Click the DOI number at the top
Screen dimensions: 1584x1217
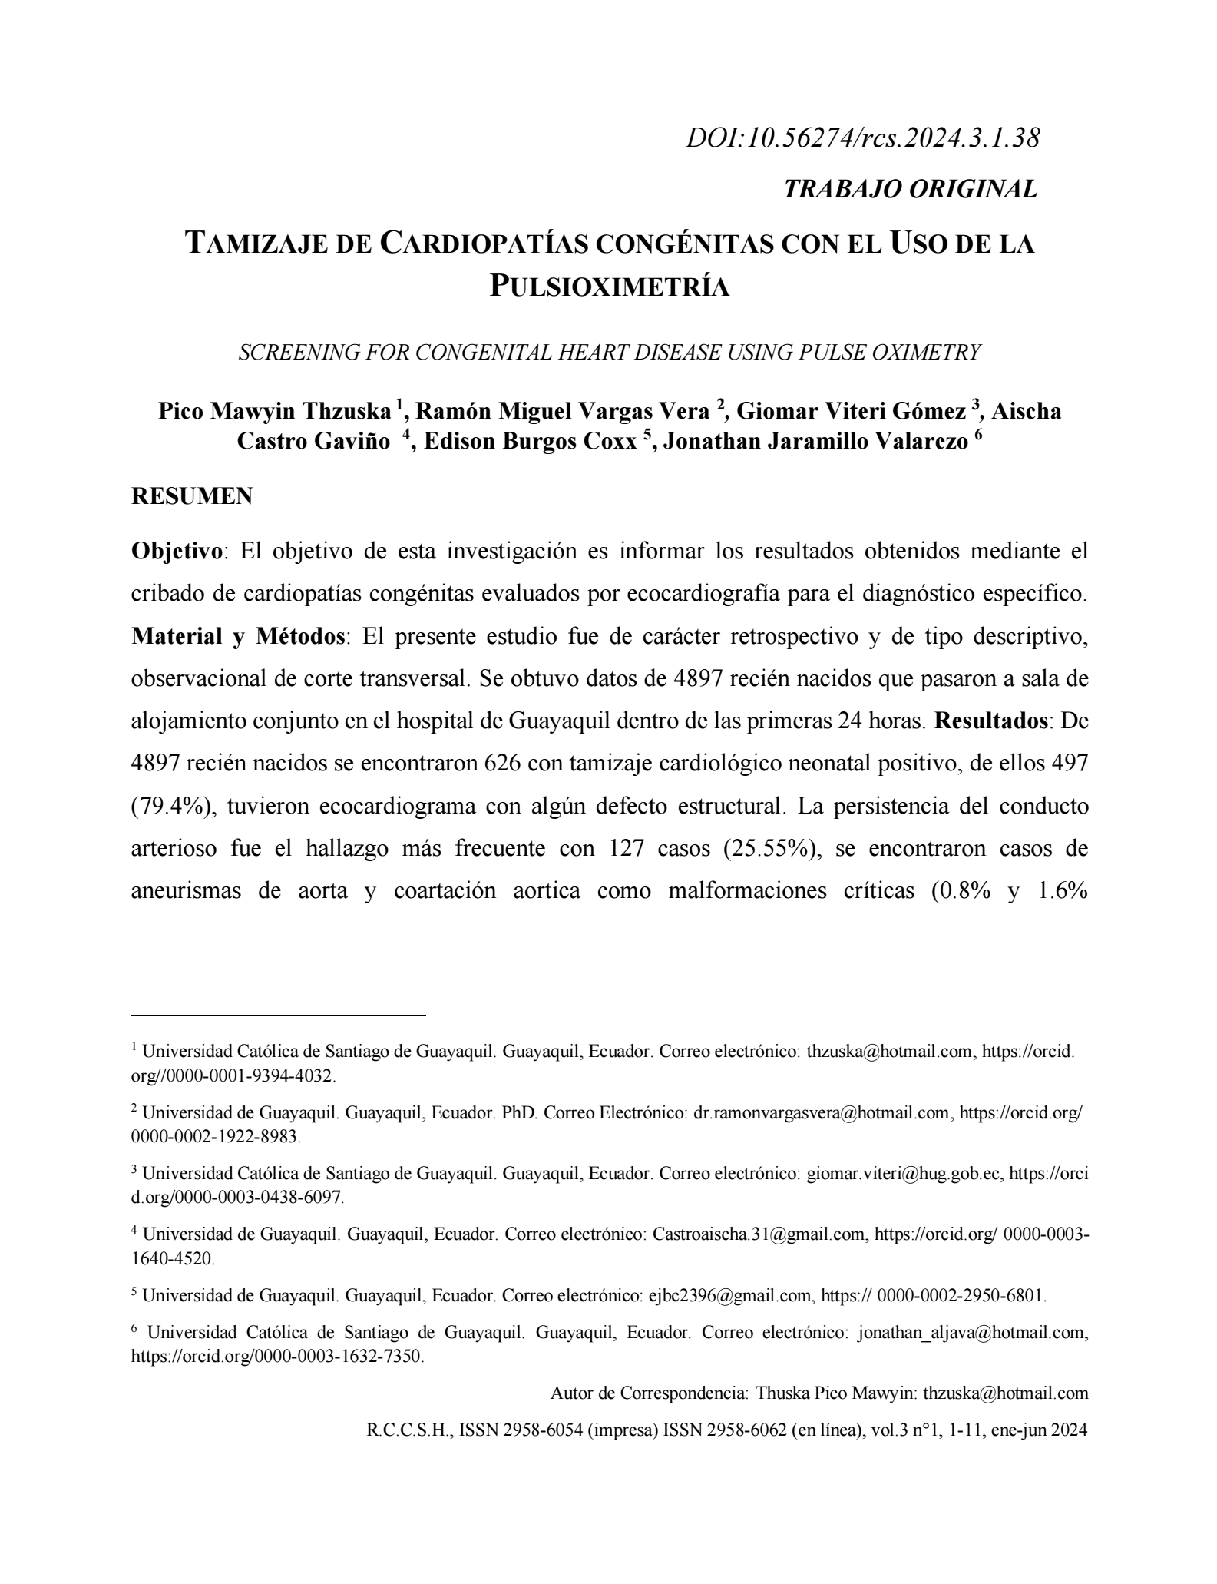[x=863, y=138]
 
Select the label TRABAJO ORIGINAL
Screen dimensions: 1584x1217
[x=910, y=189]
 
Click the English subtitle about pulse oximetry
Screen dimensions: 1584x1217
[x=610, y=353]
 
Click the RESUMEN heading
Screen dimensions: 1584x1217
[x=192, y=496]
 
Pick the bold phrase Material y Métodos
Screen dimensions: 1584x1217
[x=237, y=636]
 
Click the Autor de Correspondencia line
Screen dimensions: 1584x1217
[x=819, y=1393]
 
